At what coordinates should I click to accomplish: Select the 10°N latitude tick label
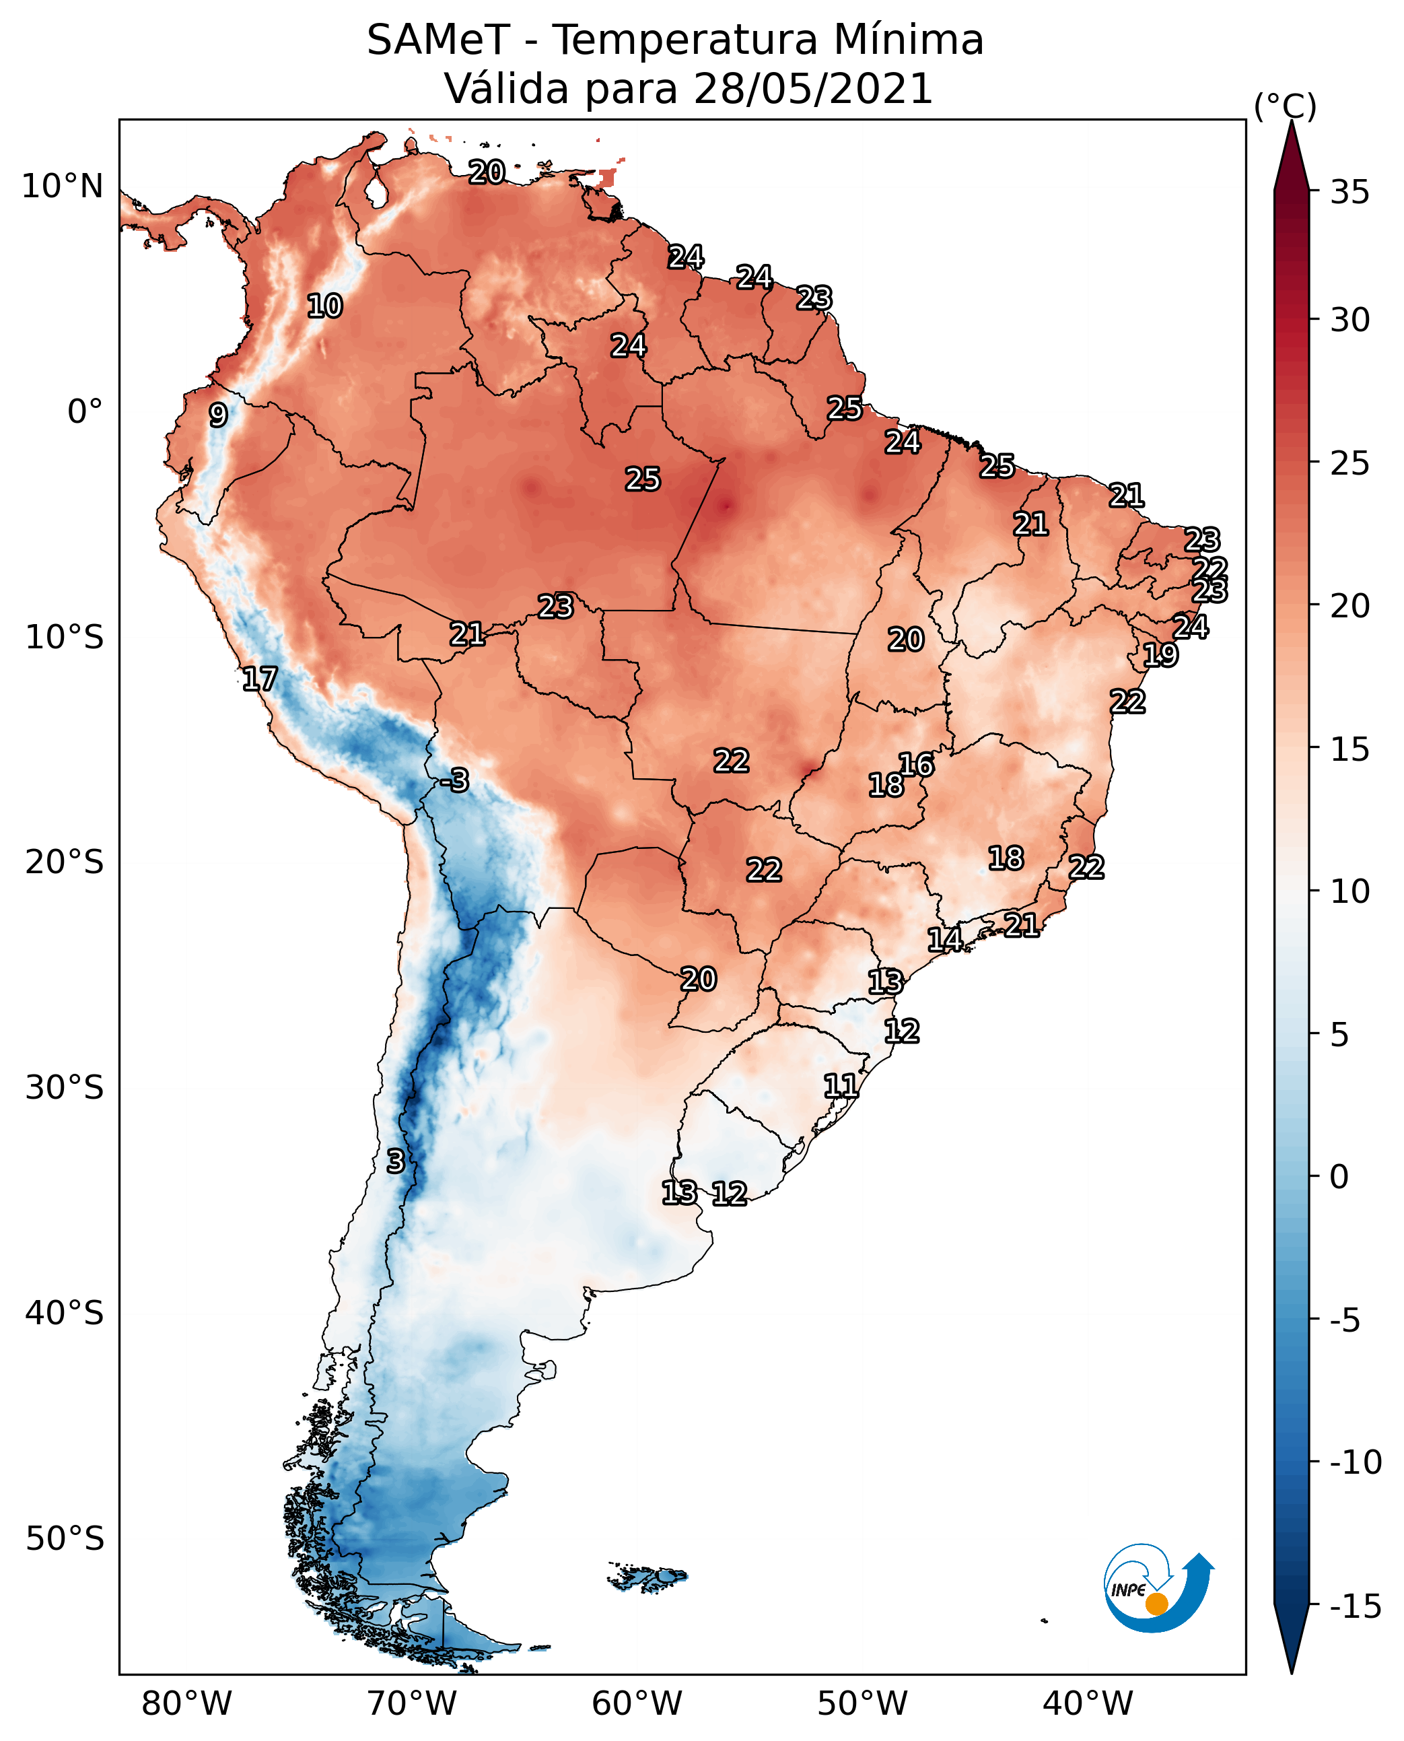click(x=63, y=187)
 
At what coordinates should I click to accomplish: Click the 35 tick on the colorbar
click(x=1349, y=193)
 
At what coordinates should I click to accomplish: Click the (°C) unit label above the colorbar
click(x=1285, y=106)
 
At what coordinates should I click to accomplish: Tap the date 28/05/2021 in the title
click(x=814, y=88)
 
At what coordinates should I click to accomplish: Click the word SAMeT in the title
click(x=438, y=40)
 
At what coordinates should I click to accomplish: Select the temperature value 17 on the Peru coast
click(x=260, y=679)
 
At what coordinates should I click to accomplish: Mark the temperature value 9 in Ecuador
click(x=217, y=415)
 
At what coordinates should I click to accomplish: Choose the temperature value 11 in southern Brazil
click(x=840, y=1086)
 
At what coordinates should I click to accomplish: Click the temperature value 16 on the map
click(x=916, y=765)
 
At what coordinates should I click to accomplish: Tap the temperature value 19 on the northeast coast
click(x=1160, y=654)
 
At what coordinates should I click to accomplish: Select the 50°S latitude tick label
click(x=65, y=1539)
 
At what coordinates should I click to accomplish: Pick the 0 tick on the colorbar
click(x=1339, y=1177)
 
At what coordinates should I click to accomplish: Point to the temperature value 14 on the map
click(x=944, y=939)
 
